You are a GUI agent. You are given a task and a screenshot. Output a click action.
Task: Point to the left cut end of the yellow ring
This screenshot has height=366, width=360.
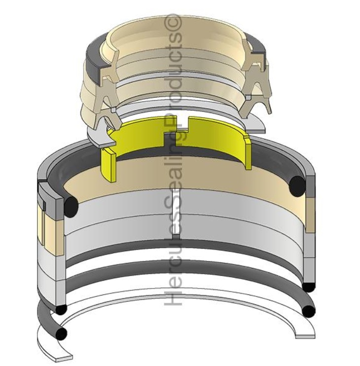(x=108, y=166)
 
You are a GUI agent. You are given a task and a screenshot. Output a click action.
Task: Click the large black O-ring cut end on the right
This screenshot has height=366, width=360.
(x=297, y=184)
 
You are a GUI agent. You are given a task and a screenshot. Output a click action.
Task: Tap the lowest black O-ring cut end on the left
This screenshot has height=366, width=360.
(x=61, y=334)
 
